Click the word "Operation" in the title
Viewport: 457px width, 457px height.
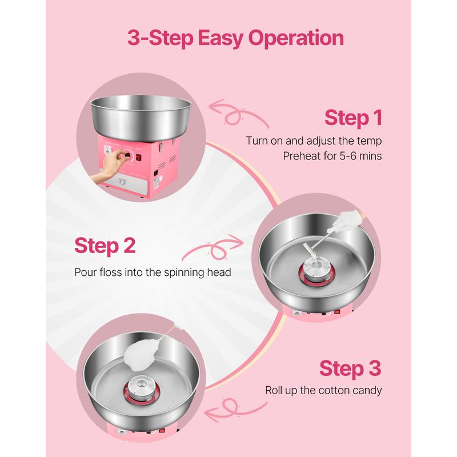click(296, 38)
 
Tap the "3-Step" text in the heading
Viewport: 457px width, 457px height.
click(161, 38)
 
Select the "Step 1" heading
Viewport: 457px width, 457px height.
click(353, 118)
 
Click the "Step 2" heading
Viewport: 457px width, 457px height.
click(105, 246)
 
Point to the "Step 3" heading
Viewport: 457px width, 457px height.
click(350, 368)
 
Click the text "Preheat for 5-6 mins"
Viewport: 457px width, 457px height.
click(332, 156)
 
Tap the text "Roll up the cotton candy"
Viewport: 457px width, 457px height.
click(323, 390)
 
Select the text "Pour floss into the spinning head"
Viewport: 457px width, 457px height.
click(153, 272)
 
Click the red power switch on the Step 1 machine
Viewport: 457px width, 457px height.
click(138, 158)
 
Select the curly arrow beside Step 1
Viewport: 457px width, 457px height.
click(238, 114)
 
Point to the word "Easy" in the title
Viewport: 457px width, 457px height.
click(221, 38)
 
